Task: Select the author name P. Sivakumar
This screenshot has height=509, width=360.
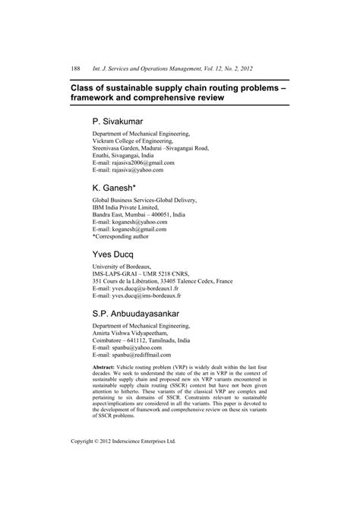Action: [121, 121]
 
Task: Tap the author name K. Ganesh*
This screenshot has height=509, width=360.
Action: [115, 187]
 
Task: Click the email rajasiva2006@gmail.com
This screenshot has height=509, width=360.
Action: [144, 163]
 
